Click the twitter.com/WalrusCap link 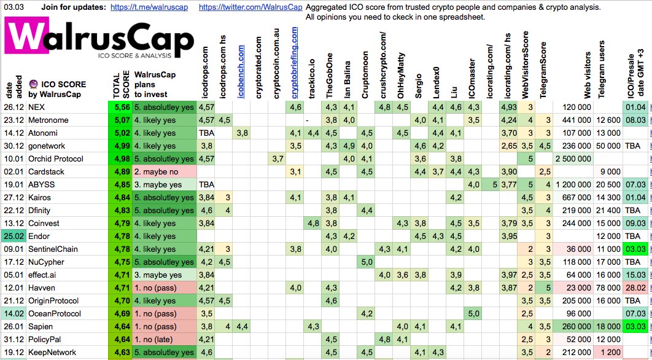tap(250, 8)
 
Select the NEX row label tap(36, 107)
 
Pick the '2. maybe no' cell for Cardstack tap(164, 171)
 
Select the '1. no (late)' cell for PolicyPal tap(164, 340)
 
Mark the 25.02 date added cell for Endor tap(12, 236)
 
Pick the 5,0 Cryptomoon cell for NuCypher tap(367, 262)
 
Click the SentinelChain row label tap(56, 249)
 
